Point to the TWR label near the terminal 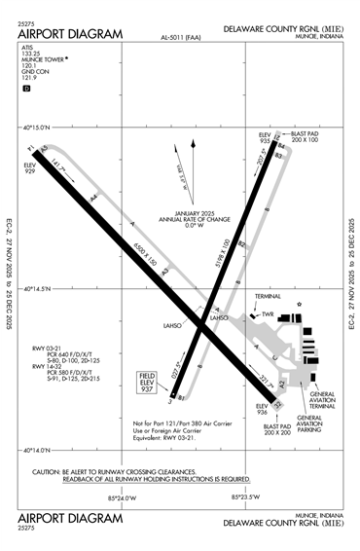[x=270, y=313]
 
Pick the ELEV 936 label [x=262, y=409]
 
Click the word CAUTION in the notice [x=48, y=470]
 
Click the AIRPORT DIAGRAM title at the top [x=71, y=34]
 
